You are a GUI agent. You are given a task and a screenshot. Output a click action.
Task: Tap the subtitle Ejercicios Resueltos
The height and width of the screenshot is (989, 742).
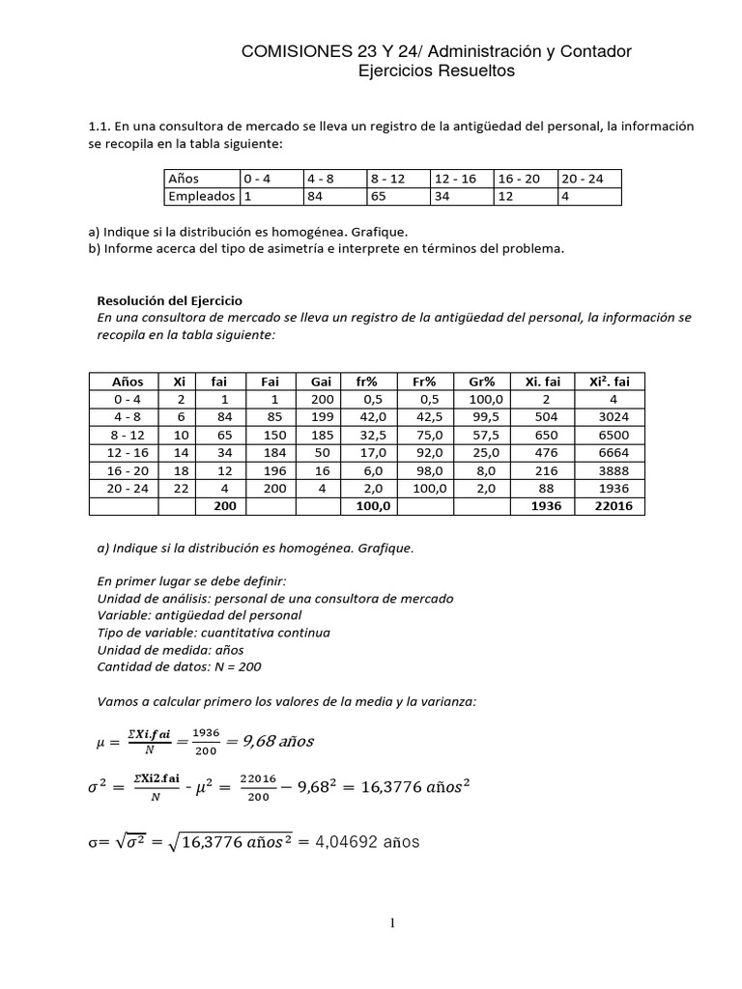[x=437, y=71]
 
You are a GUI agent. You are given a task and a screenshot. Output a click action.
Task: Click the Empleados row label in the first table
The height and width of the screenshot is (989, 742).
[x=201, y=196]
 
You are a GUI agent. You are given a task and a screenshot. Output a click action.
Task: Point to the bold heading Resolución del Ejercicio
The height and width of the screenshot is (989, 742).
[x=169, y=300]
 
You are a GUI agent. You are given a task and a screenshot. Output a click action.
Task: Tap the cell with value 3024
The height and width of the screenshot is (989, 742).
[x=609, y=417]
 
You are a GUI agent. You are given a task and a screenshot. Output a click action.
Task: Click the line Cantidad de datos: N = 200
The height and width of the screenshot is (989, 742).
[x=179, y=667]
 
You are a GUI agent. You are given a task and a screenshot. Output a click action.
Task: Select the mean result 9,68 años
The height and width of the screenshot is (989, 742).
[x=271, y=741]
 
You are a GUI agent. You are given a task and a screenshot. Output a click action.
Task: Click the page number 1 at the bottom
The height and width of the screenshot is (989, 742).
[x=393, y=924]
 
